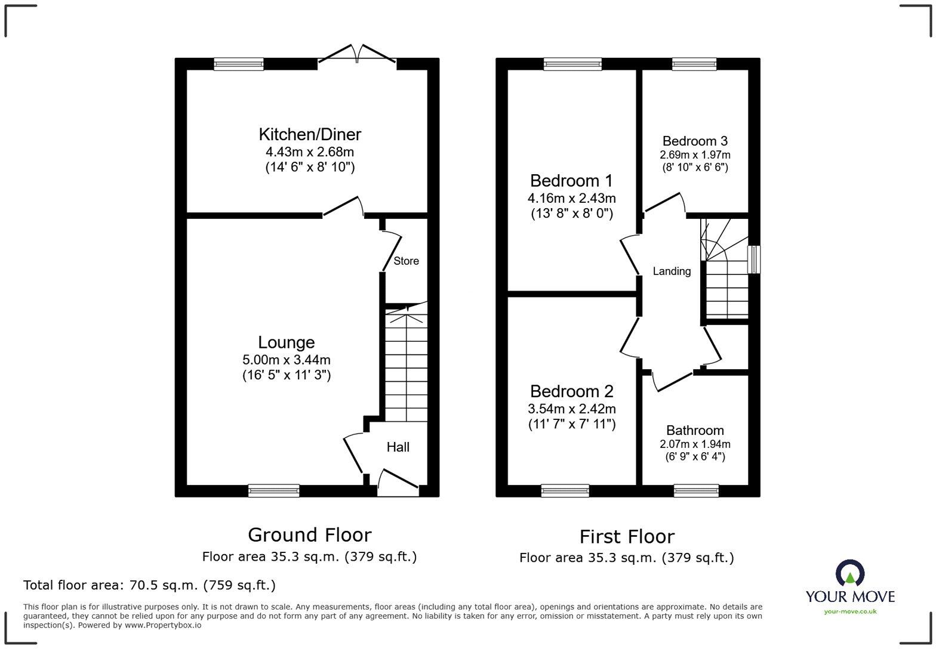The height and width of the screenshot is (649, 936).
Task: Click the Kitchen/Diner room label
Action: point(310,134)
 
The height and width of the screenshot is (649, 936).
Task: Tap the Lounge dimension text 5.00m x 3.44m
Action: point(286,360)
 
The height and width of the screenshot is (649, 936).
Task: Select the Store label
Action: point(406,261)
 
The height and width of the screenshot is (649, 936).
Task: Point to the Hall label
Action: point(398,447)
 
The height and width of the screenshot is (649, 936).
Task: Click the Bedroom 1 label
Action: point(571,180)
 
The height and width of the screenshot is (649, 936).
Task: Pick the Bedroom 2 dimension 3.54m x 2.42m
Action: point(571,409)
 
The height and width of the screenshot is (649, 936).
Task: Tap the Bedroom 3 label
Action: point(695,141)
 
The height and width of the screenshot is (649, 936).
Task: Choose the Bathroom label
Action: point(695,430)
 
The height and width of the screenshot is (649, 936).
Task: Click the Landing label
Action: point(672,271)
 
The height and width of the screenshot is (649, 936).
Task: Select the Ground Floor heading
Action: point(309,534)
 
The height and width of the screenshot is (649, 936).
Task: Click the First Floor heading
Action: point(627,536)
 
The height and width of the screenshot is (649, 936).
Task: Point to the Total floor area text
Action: point(149,585)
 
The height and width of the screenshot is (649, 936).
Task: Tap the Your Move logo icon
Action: point(850,573)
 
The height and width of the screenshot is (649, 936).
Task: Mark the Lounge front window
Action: point(274,490)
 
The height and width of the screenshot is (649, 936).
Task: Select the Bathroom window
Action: point(696,490)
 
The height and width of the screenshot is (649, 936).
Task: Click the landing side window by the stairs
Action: point(755,259)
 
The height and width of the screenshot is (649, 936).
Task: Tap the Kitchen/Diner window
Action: point(239,64)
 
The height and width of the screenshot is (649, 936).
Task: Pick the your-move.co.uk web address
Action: point(850,611)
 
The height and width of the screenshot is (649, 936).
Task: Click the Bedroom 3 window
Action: point(694,64)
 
